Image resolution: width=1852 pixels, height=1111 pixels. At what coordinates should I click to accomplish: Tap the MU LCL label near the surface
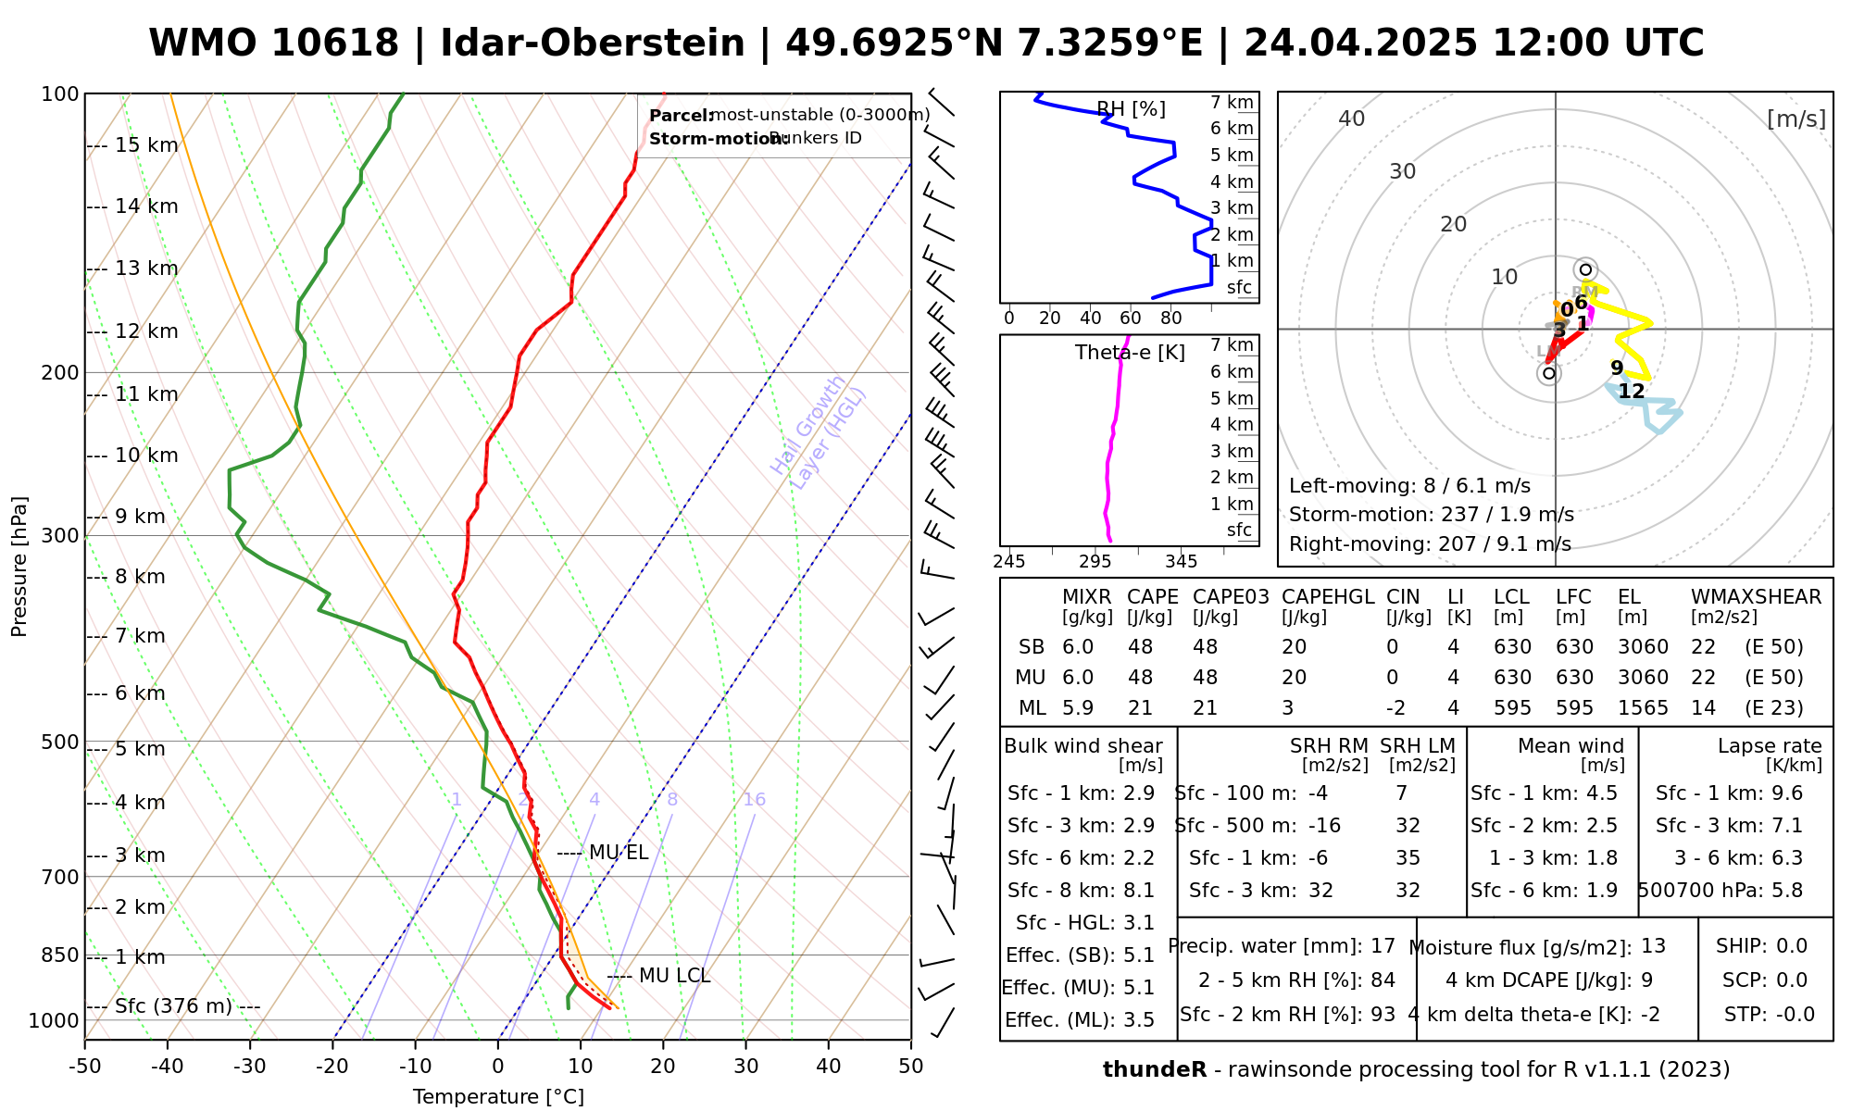tap(674, 976)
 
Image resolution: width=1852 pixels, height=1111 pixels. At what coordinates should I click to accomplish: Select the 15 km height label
tap(146, 145)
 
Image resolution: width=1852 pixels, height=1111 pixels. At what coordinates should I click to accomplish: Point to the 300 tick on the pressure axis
tap(62, 536)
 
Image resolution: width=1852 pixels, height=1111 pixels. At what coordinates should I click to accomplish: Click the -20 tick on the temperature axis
tap(332, 1067)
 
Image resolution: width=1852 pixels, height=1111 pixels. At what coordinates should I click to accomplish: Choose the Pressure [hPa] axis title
tap(19, 567)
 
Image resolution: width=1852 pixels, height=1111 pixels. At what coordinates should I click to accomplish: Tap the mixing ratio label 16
tap(754, 800)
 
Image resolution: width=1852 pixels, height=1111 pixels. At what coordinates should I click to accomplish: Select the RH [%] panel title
tap(1131, 109)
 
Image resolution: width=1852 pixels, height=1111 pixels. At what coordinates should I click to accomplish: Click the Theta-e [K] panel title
tap(1130, 353)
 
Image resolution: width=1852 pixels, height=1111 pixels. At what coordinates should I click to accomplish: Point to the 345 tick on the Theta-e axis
tap(1181, 562)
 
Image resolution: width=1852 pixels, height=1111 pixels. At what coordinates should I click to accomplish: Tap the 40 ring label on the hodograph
tap(1352, 119)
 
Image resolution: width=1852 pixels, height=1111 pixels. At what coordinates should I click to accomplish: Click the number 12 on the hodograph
tap(1631, 392)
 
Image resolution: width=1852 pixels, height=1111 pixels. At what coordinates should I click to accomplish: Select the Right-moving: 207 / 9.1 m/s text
tap(1430, 544)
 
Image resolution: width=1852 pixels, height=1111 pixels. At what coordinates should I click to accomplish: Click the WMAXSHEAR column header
tap(1756, 597)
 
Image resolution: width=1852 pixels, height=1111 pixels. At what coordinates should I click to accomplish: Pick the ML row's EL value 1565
tap(1643, 708)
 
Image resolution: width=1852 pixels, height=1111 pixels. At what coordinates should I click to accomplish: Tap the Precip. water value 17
tap(1383, 946)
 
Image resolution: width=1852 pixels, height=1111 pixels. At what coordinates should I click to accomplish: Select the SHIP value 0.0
tap(1792, 946)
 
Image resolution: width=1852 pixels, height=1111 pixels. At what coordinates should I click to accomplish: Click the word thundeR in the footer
tap(1155, 1070)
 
